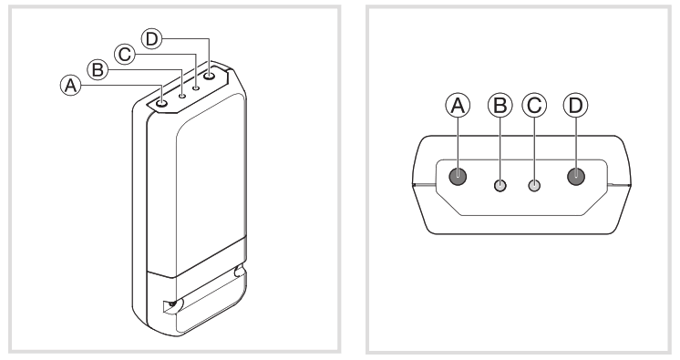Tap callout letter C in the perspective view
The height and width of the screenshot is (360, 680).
point(126,54)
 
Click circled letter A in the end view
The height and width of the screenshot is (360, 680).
point(458,106)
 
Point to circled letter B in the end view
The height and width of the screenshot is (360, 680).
point(500,106)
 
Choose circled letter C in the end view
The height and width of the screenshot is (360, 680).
point(535,106)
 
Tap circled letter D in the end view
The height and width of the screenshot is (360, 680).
point(576,106)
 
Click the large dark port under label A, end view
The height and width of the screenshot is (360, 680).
point(458,177)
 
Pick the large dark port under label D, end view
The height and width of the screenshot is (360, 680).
point(576,177)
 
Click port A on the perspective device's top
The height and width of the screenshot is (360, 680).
point(162,102)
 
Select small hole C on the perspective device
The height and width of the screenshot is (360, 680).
point(196,87)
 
